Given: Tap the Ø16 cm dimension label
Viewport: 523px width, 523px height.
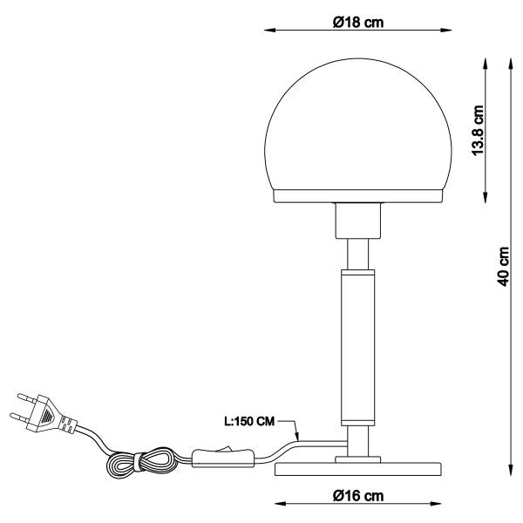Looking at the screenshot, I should tap(358, 497).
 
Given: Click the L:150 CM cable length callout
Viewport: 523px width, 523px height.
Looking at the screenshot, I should tap(249, 422).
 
